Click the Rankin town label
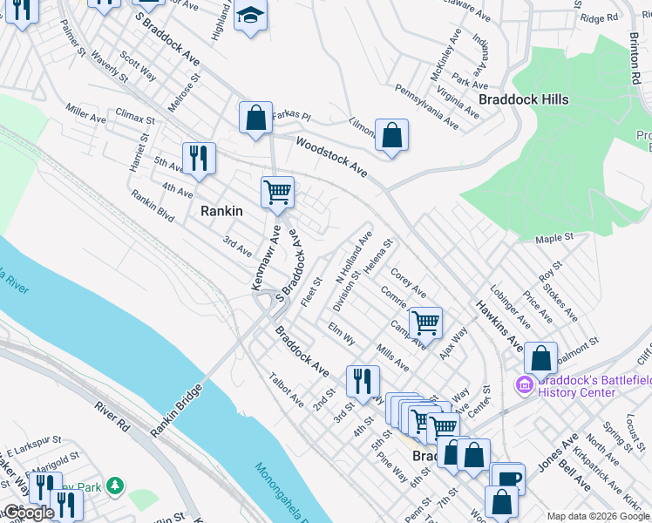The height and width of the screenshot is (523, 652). click(x=221, y=210)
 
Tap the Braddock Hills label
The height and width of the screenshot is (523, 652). click(x=523, y=99)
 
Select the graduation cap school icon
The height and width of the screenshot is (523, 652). click(x=251, y=17)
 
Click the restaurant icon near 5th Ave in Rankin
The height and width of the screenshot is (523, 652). click(x=199, y=158)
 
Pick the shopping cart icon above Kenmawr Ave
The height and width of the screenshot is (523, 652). click(x=277, y=192)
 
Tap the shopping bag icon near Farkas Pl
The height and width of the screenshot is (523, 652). click(x=256, y=118)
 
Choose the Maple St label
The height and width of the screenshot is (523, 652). click(x=554, y=237)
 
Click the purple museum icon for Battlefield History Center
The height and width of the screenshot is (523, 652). click(x=525, y=384)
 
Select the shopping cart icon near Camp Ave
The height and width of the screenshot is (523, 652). click(x=425, y=323)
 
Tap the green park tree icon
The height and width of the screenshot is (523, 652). click(x=115, y=485)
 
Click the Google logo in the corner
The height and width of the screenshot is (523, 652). click(x=29, y=513)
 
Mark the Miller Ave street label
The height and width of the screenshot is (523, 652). click(x=85, y=116)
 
